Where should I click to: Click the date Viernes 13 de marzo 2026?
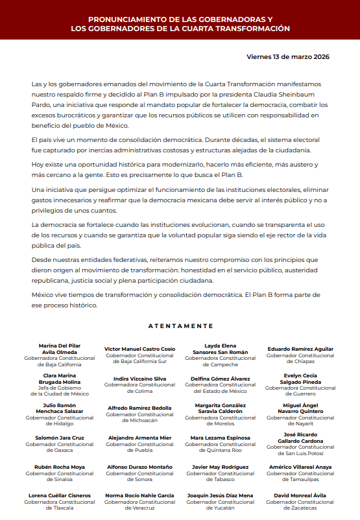(288, 56)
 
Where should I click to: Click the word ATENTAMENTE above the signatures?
(180, 325)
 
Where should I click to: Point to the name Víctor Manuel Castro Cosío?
(139, 349)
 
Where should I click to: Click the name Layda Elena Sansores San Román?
(220, 349)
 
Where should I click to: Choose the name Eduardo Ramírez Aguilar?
(300, 349)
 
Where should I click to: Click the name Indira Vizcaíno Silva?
(139, 378)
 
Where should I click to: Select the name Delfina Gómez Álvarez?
(220, 378)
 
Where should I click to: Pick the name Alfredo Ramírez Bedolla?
(139, 408)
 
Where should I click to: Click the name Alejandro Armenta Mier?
(139, 438)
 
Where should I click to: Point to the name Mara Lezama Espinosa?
(220, 438)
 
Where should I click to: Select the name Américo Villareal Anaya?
(300, 467)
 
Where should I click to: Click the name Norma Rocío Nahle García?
(139, 495)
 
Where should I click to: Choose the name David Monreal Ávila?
(300, 495)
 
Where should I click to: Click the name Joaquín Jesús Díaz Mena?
(220, 495)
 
